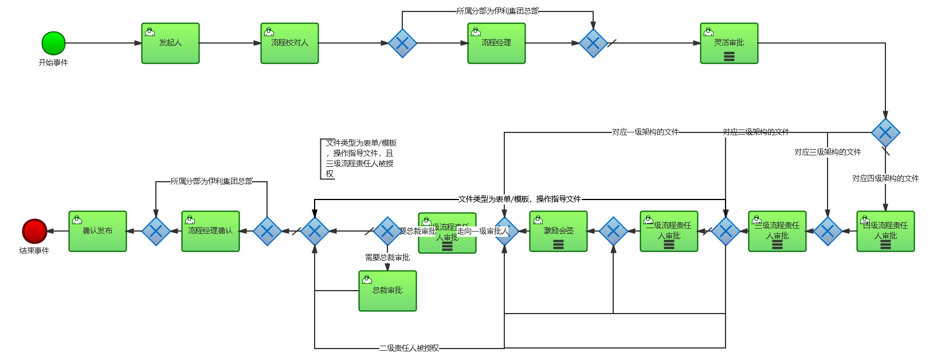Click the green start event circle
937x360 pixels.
pyautogui.click(x=53, y=44)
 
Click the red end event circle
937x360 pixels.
pyautogui.click(x=34, y=231)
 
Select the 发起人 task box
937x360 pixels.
pyautogui.click(x=170, y=44)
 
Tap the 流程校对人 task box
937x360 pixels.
pyautogui.click(x=289, y=44)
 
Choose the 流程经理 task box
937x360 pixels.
pyautogui.click(x=496, y=44)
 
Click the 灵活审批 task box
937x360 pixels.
pyautogui.click(x=729, y=44)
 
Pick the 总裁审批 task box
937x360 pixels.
pyautogui.click(x=387, y=291)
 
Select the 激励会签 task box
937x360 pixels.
pyautogui.click(x=558, y=232)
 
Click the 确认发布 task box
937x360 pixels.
pyautogui.click(x=97, y=232)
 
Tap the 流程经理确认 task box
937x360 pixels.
pyautogui.click(x=210, y=232)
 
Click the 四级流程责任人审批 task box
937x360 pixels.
pyautogui.click(x=885, y=232)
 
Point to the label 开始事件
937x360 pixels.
pyautogui.click(x=53, y=62)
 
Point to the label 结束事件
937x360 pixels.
pyautogui.click(x=34, y=251)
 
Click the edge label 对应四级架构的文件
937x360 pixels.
pyautogui.click(x=885, y=178)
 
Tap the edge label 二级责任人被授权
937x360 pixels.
pyautogui.click(x=409, y=348)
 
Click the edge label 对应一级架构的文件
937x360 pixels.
pyautogui.click(x=645, y=132)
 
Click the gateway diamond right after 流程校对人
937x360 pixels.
pyautogui.click(x=402, y=44)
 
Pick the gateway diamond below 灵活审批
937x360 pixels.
pyautogui.click(x=885, y=133)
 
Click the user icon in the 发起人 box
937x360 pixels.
pyautogui.click(x=150, y=32)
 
